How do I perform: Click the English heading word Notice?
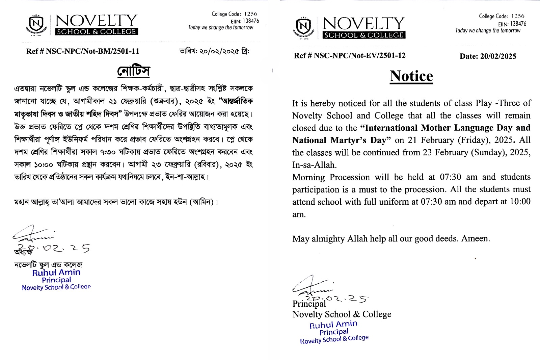(411, 76)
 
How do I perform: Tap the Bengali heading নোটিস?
(134, 71)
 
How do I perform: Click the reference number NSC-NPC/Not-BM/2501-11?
(92, 51)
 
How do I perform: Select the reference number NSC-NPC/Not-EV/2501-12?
(359, 56)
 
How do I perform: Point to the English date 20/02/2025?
(498, 56)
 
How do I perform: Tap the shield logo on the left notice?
(36, 24)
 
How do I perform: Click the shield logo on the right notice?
(303, 27)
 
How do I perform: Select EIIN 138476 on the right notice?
(512, 24)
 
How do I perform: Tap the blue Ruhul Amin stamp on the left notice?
(56, 280)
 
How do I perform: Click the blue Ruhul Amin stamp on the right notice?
(334, 332)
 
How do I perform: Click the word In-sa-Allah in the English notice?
(314, 165)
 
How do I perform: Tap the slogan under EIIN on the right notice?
(488, 30)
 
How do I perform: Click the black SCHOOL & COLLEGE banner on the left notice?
(97, 32)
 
